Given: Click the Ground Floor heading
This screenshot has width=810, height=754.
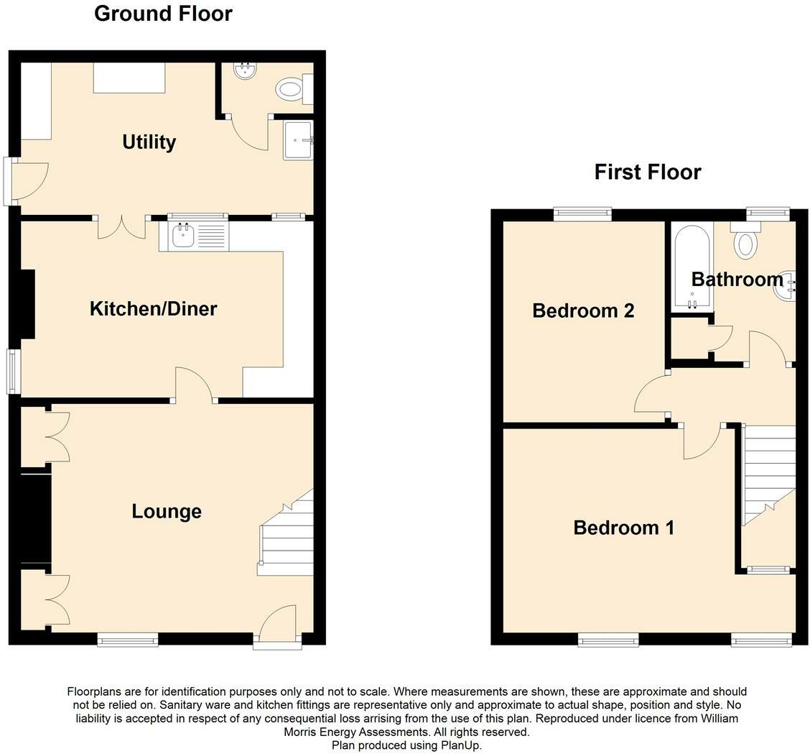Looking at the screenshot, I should coord(163,14).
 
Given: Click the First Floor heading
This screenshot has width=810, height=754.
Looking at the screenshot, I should coord(647,172).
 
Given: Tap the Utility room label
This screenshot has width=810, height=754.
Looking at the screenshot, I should coord(149,142).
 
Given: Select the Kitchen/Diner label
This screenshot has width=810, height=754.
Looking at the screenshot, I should coord(153,308).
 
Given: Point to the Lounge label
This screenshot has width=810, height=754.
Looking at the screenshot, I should coord(167,511).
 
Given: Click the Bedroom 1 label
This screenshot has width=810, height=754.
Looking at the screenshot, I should coord(623,528).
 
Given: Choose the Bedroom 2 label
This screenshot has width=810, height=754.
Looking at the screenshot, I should coord(583,311).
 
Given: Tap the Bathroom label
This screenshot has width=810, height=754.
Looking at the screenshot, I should coord(737,279).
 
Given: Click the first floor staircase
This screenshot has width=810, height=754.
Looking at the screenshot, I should coord(768,474).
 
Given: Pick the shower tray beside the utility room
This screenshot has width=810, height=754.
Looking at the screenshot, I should coord(297,140).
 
